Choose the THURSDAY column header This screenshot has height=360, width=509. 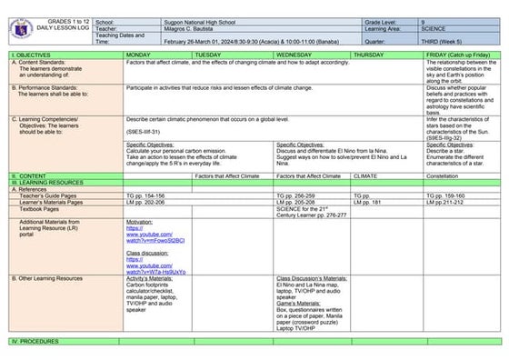(372, 55)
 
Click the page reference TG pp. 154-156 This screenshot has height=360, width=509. (145, 195)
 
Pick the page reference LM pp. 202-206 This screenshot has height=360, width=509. (145, 202)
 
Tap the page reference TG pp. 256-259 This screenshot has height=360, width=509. (294, 195)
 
